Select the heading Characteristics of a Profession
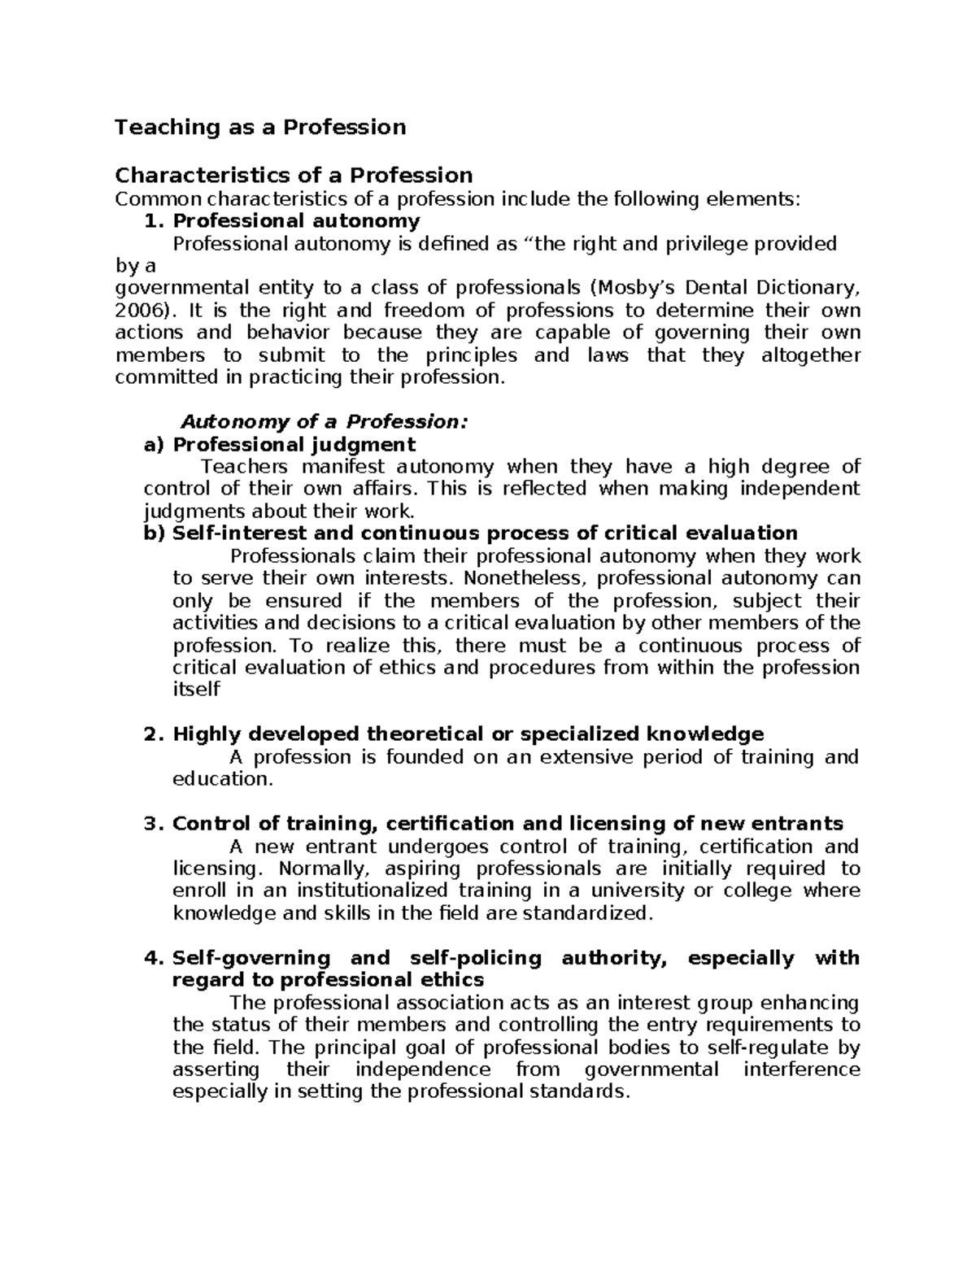(x=294, y=176)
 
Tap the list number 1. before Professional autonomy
(x=155, y=221)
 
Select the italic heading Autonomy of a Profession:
(x=324, y=422)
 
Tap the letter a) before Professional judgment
(x=154, y=445)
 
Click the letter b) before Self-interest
(x=154, y=534)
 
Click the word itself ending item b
(x=196, y=690)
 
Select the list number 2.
(x=155, y=734)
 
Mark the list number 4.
(x=155, y=958)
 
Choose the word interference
(x=801, y=1069)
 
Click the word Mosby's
(x=629, y=288)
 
